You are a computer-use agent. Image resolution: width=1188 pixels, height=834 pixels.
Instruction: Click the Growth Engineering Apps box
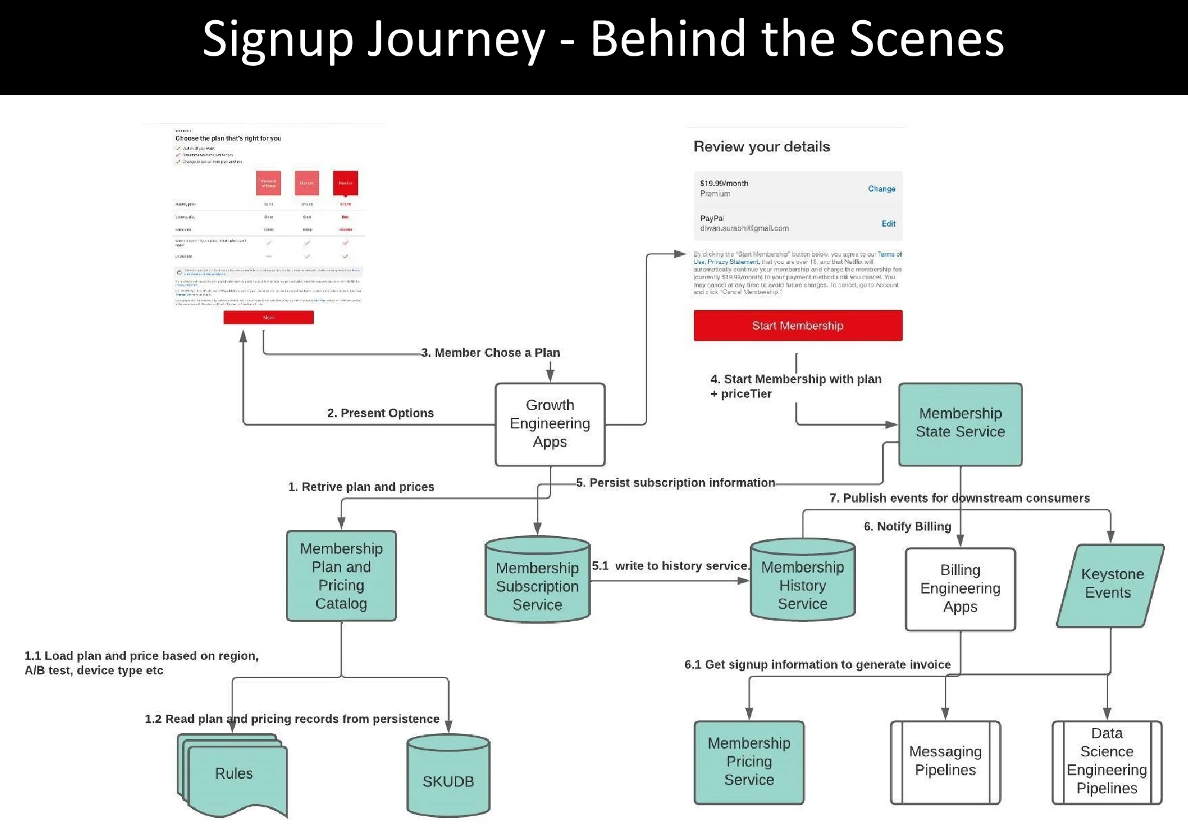point(550,424)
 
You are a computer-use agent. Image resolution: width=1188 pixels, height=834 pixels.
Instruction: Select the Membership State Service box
point(960,423)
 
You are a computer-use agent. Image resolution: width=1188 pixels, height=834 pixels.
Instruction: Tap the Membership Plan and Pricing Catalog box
point(341,576)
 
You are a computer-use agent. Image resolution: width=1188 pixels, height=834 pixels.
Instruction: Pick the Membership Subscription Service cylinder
point(537,581)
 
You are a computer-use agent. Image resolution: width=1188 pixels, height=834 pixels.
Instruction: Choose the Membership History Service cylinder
point(802,581)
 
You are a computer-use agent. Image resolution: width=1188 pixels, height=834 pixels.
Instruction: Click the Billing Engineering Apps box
point(960,589)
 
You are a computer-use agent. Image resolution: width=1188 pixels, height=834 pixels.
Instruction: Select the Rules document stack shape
point(234,774)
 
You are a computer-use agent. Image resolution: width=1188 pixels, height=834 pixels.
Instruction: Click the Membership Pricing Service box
point(749,762)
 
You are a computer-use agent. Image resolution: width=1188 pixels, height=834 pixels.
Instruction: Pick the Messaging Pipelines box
point(945,762)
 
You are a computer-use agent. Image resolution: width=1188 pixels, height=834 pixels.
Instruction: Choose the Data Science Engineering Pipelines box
point(1107,762)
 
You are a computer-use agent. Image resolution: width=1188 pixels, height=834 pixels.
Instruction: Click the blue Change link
point(881,189)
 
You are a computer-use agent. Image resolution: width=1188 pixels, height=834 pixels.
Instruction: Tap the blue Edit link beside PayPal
point(888,224)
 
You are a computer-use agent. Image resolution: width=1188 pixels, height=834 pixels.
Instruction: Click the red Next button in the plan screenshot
point(268,318)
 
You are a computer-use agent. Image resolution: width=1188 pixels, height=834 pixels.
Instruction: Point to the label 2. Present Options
point(380,413)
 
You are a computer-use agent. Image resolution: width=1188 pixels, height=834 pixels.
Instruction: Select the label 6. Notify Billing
point(907,526)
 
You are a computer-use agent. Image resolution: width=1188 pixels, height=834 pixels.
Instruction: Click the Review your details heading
point(762,147)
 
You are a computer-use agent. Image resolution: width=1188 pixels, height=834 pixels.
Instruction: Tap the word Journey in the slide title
point(456,39)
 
